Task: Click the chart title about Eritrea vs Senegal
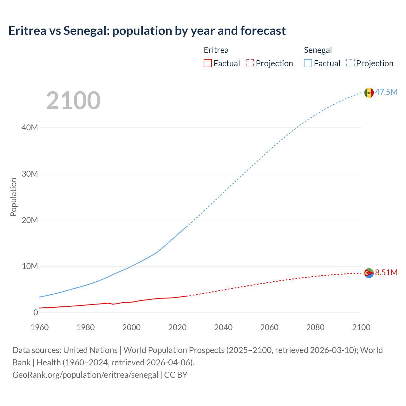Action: tap(147, 31)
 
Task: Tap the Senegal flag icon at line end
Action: tap(369, 93)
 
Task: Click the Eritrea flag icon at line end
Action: tap(369, 273)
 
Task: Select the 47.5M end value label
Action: tap(386, 92)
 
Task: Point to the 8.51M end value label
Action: tap(386, 272)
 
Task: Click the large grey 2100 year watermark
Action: tap(73, 101)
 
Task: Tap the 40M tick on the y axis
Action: tap(30, 128)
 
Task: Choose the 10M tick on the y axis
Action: tap(30, 266)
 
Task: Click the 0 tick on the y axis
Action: tap(36, 312)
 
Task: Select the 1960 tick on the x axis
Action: tap(40, 327)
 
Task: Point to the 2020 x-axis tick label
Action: tap(177, 327)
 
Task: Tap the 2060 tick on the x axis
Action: tap(269, 327)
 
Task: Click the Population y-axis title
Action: tap(13, 197)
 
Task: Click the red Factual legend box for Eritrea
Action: tap(207, 63)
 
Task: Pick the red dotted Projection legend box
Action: tap(250, 63)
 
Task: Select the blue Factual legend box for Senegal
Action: tap(308, 63)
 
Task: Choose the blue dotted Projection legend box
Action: tap(350, 63)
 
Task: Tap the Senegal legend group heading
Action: tap(318, 50)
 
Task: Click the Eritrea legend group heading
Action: tap(216, 50)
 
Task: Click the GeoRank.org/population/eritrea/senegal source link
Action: tap(85, 375)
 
